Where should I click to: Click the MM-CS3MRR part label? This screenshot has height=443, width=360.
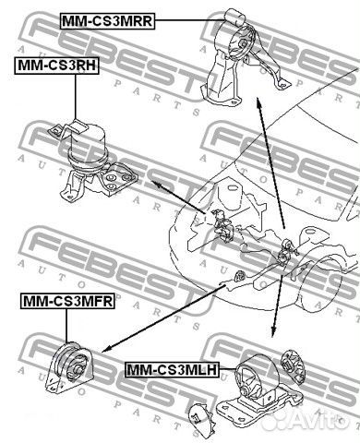point(107,21)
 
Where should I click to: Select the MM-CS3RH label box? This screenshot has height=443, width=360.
point(56,66)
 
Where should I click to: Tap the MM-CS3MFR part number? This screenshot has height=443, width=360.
point(67,301)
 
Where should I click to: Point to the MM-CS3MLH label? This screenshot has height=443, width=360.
point(172,369)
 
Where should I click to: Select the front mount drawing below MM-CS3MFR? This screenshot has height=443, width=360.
point(68,367)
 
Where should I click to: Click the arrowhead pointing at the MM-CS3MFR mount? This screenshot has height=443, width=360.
point(106,349)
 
